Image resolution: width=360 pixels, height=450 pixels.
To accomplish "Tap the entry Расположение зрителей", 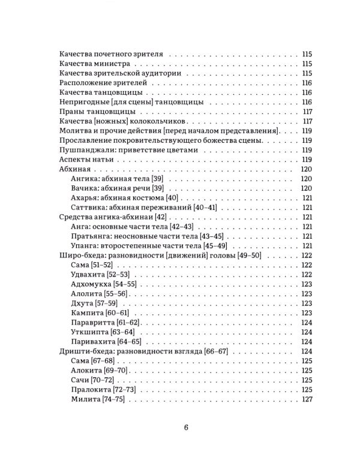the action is point(98,83).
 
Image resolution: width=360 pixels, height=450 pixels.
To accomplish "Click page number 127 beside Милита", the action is point(308,399).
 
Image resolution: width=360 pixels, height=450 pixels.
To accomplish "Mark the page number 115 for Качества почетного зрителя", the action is point(308,54).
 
